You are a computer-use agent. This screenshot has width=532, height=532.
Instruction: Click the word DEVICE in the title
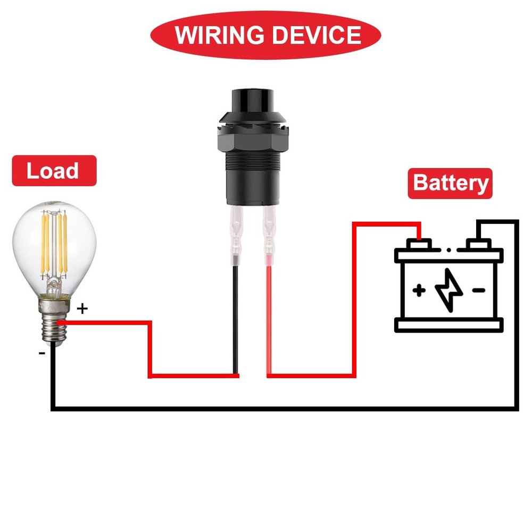[315, 35]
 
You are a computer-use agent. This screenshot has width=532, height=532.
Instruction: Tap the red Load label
[53, 171]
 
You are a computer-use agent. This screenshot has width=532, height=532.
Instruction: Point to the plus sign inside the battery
[419, 290]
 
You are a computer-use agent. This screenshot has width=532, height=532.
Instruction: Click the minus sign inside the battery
[479, 290]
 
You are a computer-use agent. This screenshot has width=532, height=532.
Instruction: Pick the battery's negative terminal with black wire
[478, 244]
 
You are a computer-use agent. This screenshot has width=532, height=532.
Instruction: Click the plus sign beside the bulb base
[82, 308]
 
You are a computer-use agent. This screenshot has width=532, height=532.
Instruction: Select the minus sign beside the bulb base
[41, 352]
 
